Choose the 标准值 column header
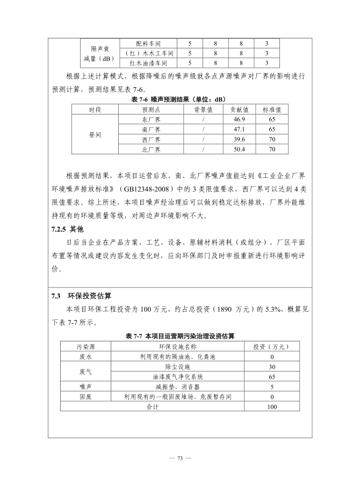pos(272,109)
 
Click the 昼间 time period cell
pos(95,135)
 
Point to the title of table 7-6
pos(178,99)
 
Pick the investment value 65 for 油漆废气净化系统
pos(272,377)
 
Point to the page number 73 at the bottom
pos(180,458)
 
